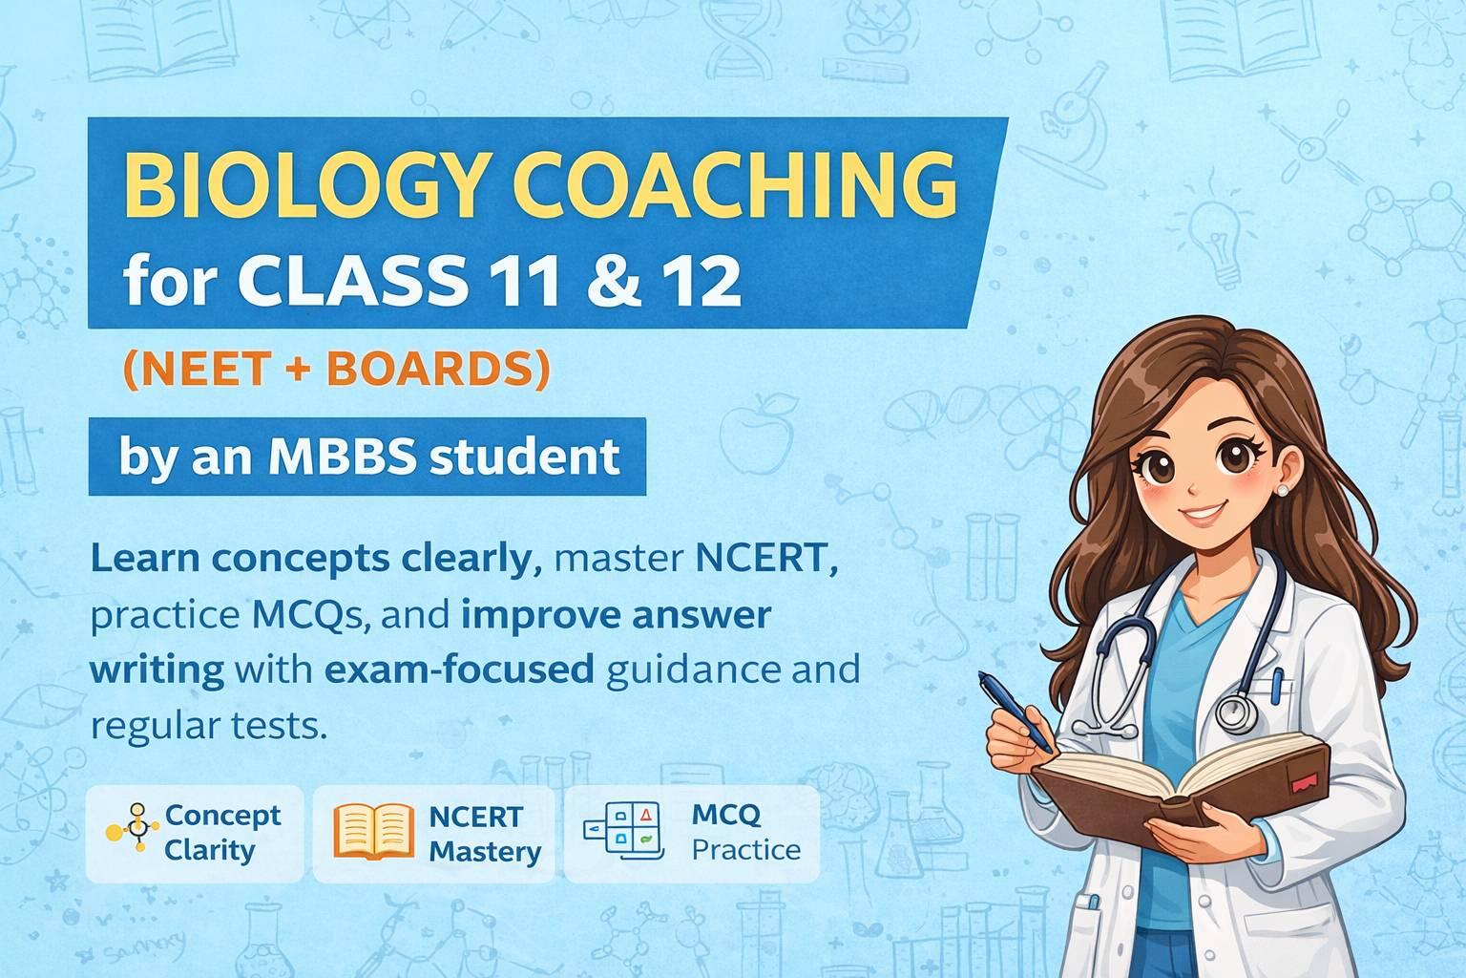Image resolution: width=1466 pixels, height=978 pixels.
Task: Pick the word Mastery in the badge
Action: tap(485, 850)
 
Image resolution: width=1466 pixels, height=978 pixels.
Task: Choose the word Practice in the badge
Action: tap(746, 848)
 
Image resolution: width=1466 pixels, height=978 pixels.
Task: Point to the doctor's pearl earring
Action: tap(1282, 490)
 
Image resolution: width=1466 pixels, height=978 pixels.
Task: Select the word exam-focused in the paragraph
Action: tap(460, 670)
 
